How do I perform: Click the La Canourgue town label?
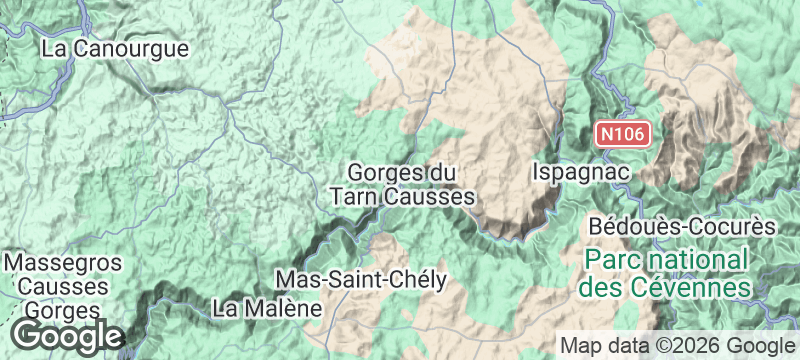click(115, 47)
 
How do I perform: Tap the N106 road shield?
click(625, 133)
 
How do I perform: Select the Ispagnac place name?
click(581, 172)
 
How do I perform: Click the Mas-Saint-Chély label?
click(360, 279)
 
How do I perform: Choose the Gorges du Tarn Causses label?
click(402, 185)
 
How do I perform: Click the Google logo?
click(68, 335)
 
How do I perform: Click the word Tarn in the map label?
click(354, 197)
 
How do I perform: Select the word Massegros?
click(64, 263)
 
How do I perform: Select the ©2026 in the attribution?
click(698, 345)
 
